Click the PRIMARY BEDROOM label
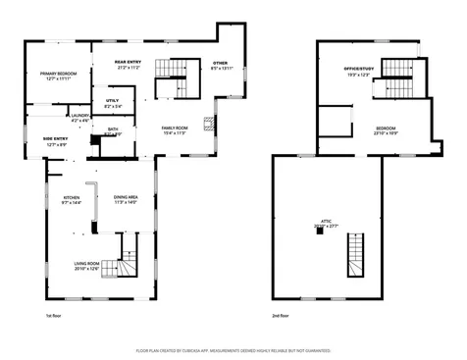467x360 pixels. click(x=58, y=75)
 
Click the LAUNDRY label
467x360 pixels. click(x=80, y=117)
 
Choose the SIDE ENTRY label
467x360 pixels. click(x=54, y=140)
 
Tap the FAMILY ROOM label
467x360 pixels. click(x=176, y=129)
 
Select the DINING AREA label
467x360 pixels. click(x=126, y=199)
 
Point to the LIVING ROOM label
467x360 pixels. click(x=87, y=265)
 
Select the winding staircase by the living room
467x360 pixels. click(x=125, y=257)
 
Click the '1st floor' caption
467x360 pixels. click(x=53, y=316)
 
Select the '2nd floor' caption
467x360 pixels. click(x=282, y=316)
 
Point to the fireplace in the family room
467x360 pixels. click(x=208, y=124)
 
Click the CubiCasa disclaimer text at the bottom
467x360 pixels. click(x=233, y=349)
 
